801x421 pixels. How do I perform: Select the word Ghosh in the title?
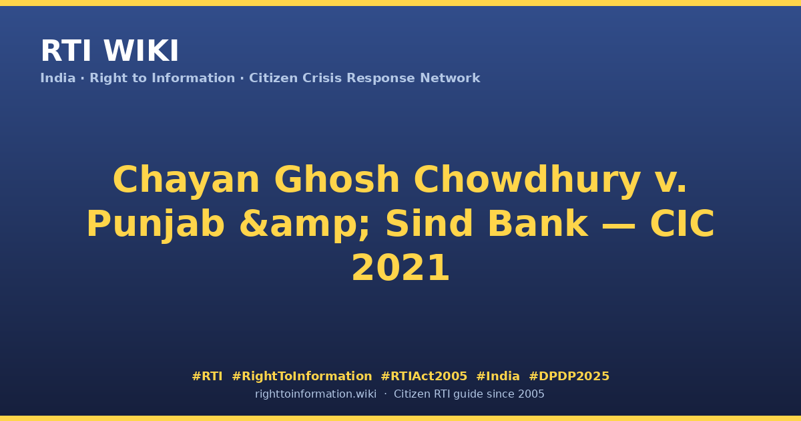[336, 179]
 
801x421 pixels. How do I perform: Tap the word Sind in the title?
[429, 223]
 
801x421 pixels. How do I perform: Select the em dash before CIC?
[619, 225]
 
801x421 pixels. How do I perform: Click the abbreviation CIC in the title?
[682, 223]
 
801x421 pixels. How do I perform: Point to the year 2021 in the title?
[400, 268]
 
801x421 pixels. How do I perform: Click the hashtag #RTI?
[207, 376]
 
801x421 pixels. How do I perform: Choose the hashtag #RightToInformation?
[302, 377]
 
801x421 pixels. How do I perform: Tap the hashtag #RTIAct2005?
[424, 376]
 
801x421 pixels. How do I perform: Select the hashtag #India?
[498, 376]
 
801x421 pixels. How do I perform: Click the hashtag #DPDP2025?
[569, 376]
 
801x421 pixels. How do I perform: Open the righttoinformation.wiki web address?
[316, 394]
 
